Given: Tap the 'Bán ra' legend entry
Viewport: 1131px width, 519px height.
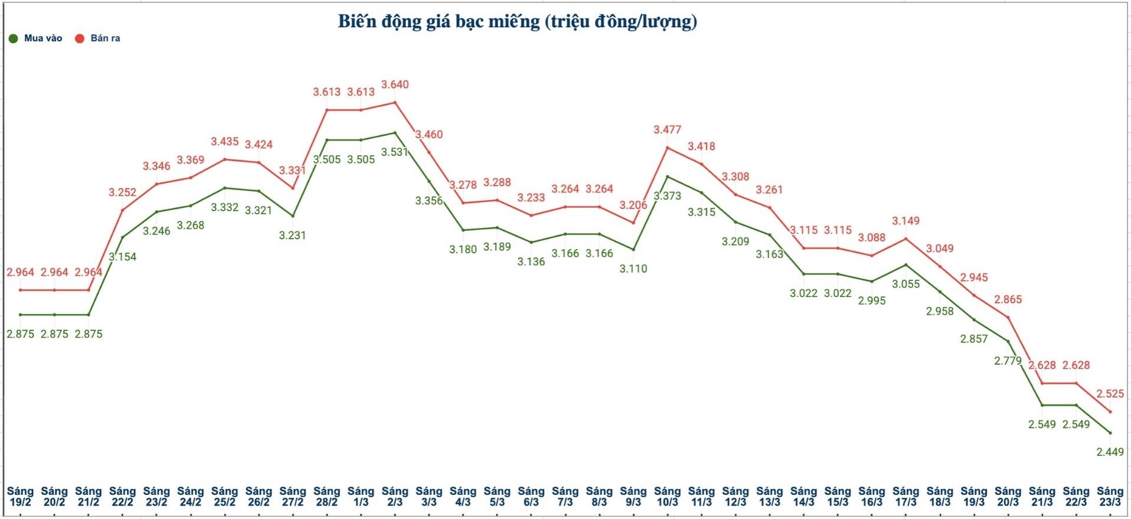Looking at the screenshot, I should [x=98, y=38].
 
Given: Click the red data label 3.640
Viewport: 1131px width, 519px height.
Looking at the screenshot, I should [x=395, y=84].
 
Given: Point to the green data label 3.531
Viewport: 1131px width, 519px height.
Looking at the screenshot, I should [x=395, y=152].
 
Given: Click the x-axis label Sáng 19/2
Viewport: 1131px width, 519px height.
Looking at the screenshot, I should [x=20, y=497].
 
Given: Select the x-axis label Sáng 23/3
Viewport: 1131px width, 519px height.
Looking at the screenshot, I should [x=1110, y=497].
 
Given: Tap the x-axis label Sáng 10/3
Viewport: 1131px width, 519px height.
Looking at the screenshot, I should [x=667, y=497].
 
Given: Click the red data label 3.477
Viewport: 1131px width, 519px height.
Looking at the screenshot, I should [x=667, y=129].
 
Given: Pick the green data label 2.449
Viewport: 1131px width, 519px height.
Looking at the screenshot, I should [x=1110, y=452].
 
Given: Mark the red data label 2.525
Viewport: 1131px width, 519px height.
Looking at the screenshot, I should [x=1110, y=393].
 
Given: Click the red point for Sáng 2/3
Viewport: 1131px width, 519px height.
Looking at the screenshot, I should [x=395, y=103].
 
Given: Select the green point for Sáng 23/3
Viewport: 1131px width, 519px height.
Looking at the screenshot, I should [x=1110, y=433].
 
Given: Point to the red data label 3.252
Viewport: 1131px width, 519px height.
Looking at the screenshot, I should [x=122, y=192].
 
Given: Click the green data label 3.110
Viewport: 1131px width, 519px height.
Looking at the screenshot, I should [x=633, y=269].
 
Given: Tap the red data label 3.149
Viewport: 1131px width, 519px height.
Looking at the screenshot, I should [x=906, y=221].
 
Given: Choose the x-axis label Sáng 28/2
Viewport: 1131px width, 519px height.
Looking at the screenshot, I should [x=326, y=497].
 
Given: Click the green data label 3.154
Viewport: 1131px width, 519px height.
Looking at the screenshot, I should [x=122, y=257].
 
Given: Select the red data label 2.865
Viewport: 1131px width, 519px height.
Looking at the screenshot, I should [x=1008, y=299].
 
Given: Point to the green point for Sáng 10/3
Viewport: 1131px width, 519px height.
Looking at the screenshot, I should [x=667, y=177].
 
